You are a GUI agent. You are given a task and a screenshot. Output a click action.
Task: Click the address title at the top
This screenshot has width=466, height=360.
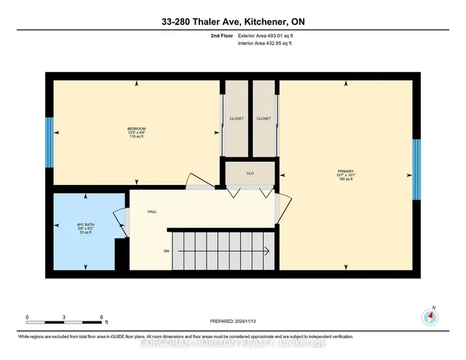(233, 22)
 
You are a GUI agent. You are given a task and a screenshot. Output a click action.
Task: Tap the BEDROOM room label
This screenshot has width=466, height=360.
(136, 128)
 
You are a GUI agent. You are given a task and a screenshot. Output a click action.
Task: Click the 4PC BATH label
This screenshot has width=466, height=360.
(86, 223)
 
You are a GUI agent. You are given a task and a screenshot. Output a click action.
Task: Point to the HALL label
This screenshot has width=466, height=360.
(152, 211)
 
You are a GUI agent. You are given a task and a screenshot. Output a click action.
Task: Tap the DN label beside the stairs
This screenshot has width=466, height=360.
(166, 250)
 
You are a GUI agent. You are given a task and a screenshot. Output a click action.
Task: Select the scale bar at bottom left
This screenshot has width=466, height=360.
(65, 321)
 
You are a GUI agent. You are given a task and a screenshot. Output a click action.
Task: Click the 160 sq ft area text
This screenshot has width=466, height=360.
(345, 179)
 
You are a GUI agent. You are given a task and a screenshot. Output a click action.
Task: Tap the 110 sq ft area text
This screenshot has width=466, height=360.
(136, 137)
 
